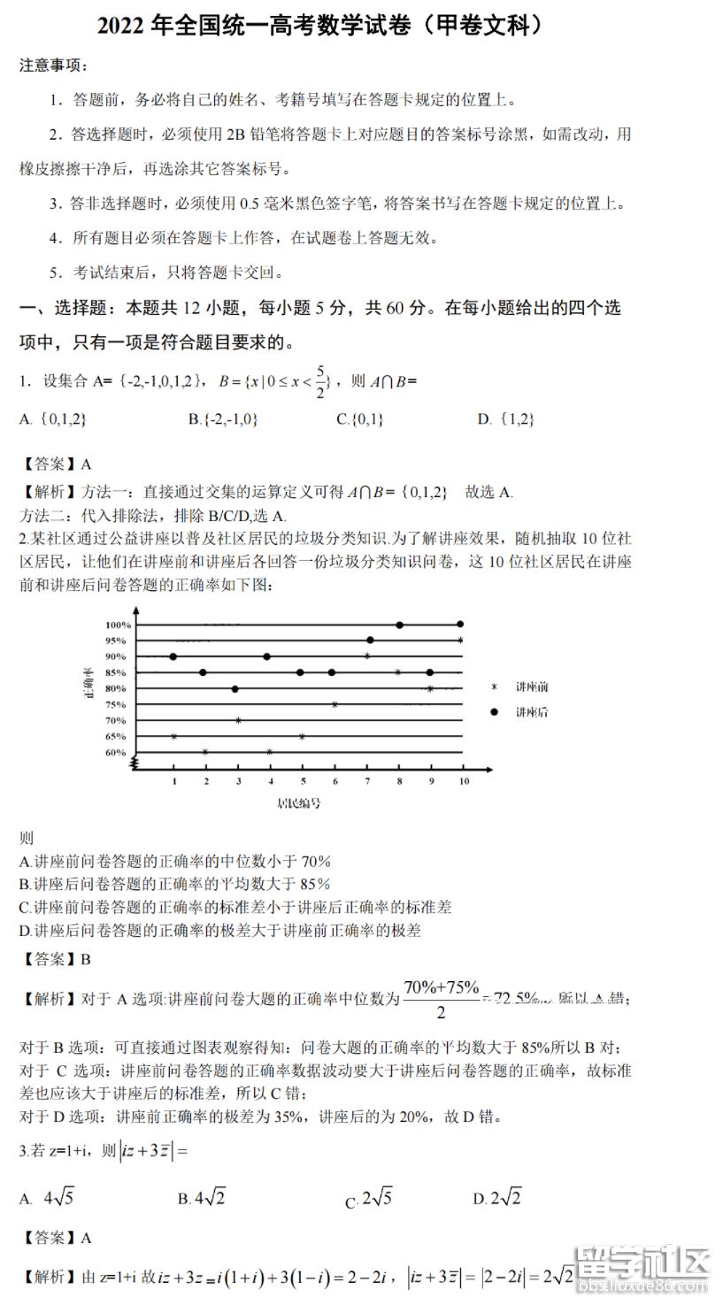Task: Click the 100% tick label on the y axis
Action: [x=119, y=626]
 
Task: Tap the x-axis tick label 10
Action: [x=462, y=781]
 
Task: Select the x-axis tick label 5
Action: [x=303, y=781]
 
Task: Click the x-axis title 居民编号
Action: [x=298, y=803]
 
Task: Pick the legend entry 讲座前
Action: [x=532, y=687]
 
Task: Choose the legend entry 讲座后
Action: [x=532, y=712]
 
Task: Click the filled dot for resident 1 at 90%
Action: [x=173, y=656]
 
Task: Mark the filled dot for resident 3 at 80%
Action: [x=235, y=688]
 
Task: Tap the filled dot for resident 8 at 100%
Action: [x=400, y=625]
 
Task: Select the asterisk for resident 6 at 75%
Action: [x=335, y=704]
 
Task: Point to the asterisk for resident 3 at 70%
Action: [x=238, y=720]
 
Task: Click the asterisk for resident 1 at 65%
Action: [x=174, y=736]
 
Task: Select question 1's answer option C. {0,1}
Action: [x=359, y=419]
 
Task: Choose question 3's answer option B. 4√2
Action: [x=202, y=1198]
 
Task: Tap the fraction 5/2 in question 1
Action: [x=319, y=381]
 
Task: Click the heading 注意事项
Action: [x=53, y=65]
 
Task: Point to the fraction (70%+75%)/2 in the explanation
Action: [x=442, y=999]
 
